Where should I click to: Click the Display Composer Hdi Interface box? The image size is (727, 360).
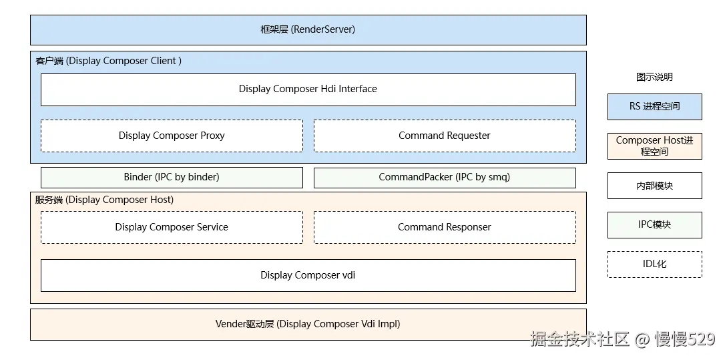click(x=308, y=89)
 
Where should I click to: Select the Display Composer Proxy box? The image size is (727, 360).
click(x=172, y=136)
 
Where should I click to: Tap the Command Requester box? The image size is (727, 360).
click(x=445, y=136)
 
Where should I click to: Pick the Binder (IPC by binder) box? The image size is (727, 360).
click(x=172, y=178)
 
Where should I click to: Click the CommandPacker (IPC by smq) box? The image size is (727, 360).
click(x=445, y=178)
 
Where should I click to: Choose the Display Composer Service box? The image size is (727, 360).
click(x=172, y=227)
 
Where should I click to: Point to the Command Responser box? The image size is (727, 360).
click(x=445, y=227)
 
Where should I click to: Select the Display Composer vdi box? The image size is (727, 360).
click(x=308, y=276)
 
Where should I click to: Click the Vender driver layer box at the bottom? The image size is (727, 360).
click(x=308, y=325)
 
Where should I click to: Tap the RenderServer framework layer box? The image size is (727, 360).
click(x=308, y=30)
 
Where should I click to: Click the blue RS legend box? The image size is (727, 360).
click(x=655, y=107)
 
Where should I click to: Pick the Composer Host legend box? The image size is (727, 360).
click(x=655, y=146)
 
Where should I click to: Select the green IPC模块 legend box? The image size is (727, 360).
click(x=655, y=225)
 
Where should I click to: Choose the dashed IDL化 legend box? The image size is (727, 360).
click(x=655, y=264)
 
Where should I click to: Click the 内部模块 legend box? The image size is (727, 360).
click(x=655, y=186)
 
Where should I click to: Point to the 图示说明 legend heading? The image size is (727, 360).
click(x=654, y=77)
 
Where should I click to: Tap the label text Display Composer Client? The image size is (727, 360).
click(x=124, y=61)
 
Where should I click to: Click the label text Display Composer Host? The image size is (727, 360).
click(x=119, y=200)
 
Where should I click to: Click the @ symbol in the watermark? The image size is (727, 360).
click(x=642, y=339)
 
